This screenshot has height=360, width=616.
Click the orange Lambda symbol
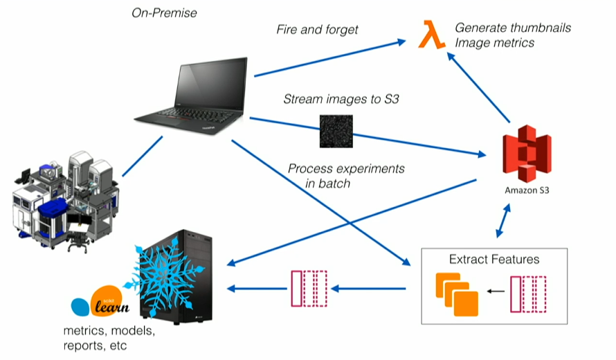click(x=432, y=35)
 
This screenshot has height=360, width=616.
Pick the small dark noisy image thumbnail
click(x=336, y=131)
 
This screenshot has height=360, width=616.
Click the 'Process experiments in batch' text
click(x=345, y=176)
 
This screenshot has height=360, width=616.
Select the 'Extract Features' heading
click(x=494, y=260)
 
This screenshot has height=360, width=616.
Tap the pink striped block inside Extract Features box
click(x=529, y=294)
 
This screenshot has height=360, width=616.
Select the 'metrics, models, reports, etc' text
click(x=109, y=338)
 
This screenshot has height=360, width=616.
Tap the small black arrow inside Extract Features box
click(x=493, y=291)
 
